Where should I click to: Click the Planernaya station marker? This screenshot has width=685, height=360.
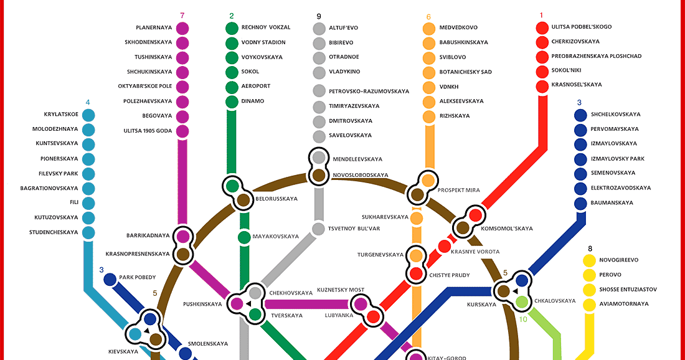(x=182, y=28)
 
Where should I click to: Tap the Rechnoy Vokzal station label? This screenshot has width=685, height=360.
(x=265, y=27)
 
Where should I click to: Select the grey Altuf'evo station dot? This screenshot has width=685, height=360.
(x=319, y=28)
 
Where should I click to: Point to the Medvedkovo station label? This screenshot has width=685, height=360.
(x=458, y=28)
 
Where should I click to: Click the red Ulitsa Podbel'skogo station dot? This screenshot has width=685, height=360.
(x=541, y=27)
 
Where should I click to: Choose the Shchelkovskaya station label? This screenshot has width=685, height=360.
(x=615, y=115)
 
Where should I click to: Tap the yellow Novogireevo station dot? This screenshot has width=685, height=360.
(x=588, y=260)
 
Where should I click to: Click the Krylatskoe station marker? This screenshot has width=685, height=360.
(x=88, y=115)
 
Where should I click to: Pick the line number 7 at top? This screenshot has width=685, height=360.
(x=182, y=16)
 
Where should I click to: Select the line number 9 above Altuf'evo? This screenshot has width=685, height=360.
(x=319, y=16)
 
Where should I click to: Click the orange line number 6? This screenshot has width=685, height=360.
(x=428, y=17)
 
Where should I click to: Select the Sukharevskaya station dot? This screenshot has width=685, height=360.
(x=417, y=217)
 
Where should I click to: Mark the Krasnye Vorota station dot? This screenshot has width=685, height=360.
(x=444, y=246)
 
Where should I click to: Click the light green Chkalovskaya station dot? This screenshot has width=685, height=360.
(x=522, y=302)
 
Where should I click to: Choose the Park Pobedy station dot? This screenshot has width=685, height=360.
(x=110, y=279)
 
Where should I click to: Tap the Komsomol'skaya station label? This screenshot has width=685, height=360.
(x=507, y=229)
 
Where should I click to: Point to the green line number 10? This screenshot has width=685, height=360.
(x=523, y=320)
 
